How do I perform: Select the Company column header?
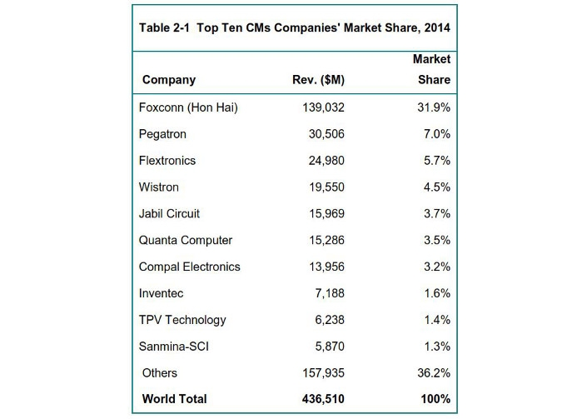click(x=169, y=80)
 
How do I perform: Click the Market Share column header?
click(x=431, y=70)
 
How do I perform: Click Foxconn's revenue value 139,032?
click(x=321, y=107)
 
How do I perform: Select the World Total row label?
click(x=175, y=399)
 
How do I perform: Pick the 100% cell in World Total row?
click(x=434, y=399)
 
